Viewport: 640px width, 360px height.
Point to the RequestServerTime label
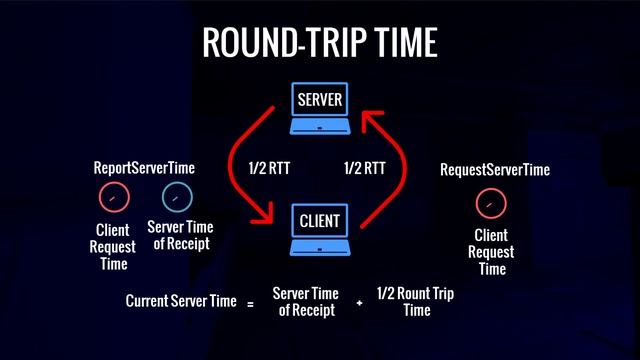[495, 170]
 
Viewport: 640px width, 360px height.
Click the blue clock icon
[177, 195]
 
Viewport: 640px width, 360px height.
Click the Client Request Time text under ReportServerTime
[113, 247]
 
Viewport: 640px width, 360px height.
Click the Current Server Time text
[180, 300]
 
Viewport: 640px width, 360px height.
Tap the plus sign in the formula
[359, 301]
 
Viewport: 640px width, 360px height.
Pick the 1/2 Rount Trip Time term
[416, 301]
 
